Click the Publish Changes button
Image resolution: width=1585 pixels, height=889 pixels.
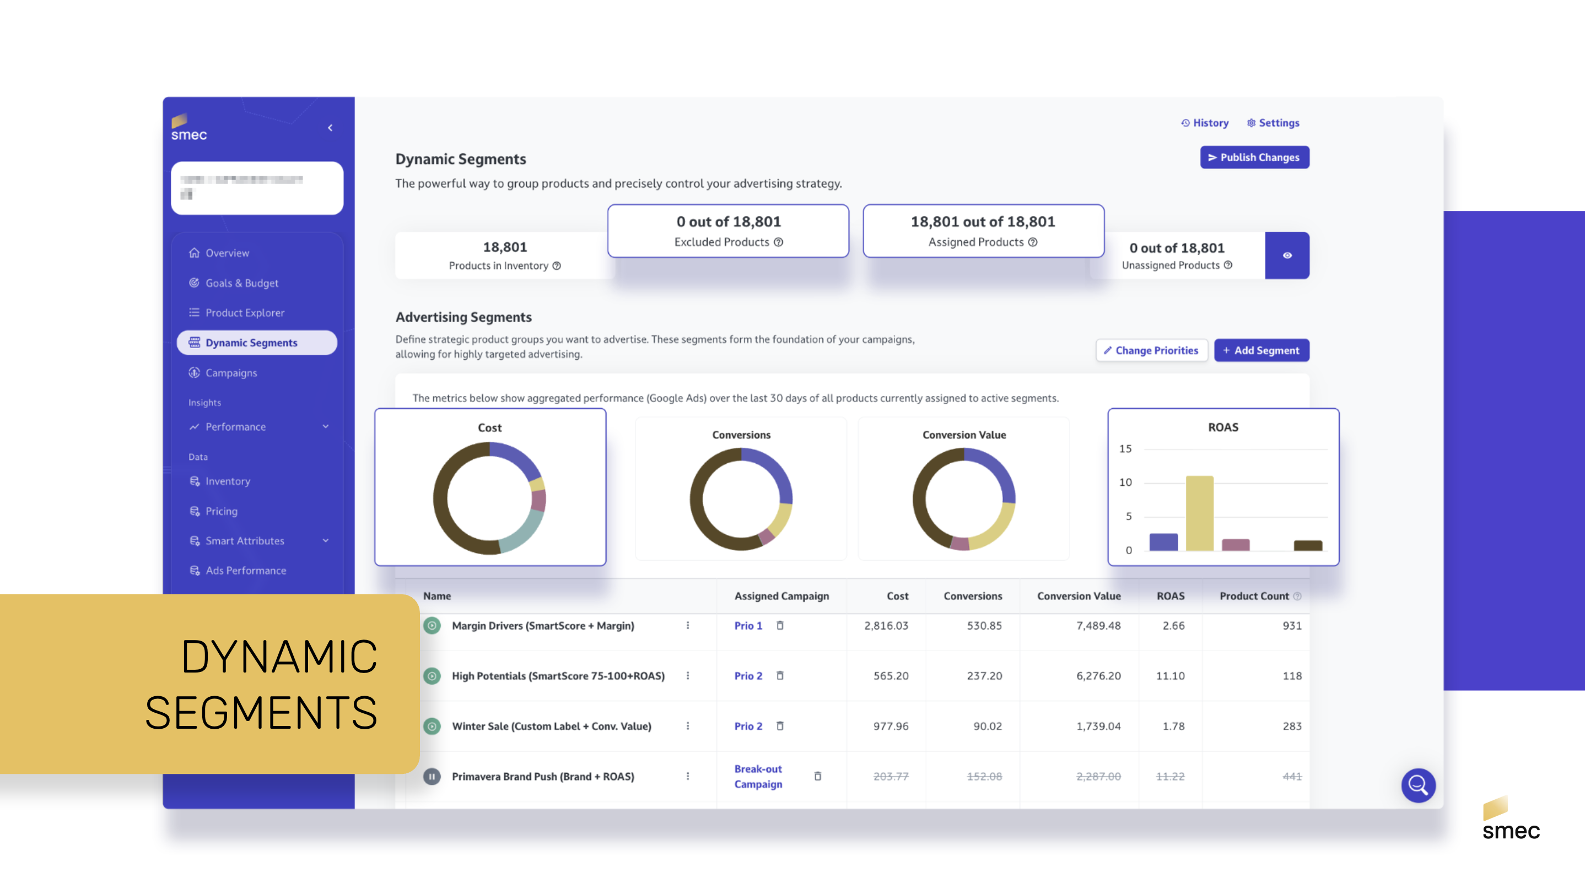click(1254, 158)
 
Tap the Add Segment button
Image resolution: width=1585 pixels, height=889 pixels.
click(1261, 350)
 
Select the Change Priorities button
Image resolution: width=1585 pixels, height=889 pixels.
click(1151, 350)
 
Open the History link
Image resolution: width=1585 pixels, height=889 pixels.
click(1205, 123)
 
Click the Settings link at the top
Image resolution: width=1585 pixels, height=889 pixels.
click(1273, 123)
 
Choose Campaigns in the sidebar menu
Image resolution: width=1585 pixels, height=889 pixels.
click(231, 372)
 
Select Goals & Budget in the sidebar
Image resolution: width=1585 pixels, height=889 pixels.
click(241, 283)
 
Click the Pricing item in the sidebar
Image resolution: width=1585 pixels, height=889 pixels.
click(221, 511)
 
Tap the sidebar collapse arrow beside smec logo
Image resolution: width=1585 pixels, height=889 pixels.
click(331, 128)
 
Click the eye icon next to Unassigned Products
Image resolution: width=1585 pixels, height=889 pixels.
click(1287, 256)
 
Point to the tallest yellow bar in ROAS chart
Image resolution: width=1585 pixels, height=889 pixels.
click(1199, 513)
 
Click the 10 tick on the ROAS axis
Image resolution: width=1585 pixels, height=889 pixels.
click(1125, 483)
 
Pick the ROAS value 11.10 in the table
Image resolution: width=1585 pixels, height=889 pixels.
click(1169, 676)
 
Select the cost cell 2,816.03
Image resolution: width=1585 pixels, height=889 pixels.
click(886, 625)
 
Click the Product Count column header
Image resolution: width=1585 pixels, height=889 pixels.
click(1253, 596)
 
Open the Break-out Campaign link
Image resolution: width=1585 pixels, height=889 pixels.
click(758, 777)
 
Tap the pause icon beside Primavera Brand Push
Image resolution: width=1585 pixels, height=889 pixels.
click(432, 777)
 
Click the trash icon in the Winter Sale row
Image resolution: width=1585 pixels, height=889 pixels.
click(780, 726)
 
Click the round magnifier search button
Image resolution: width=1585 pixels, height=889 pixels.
click(1417, 785)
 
